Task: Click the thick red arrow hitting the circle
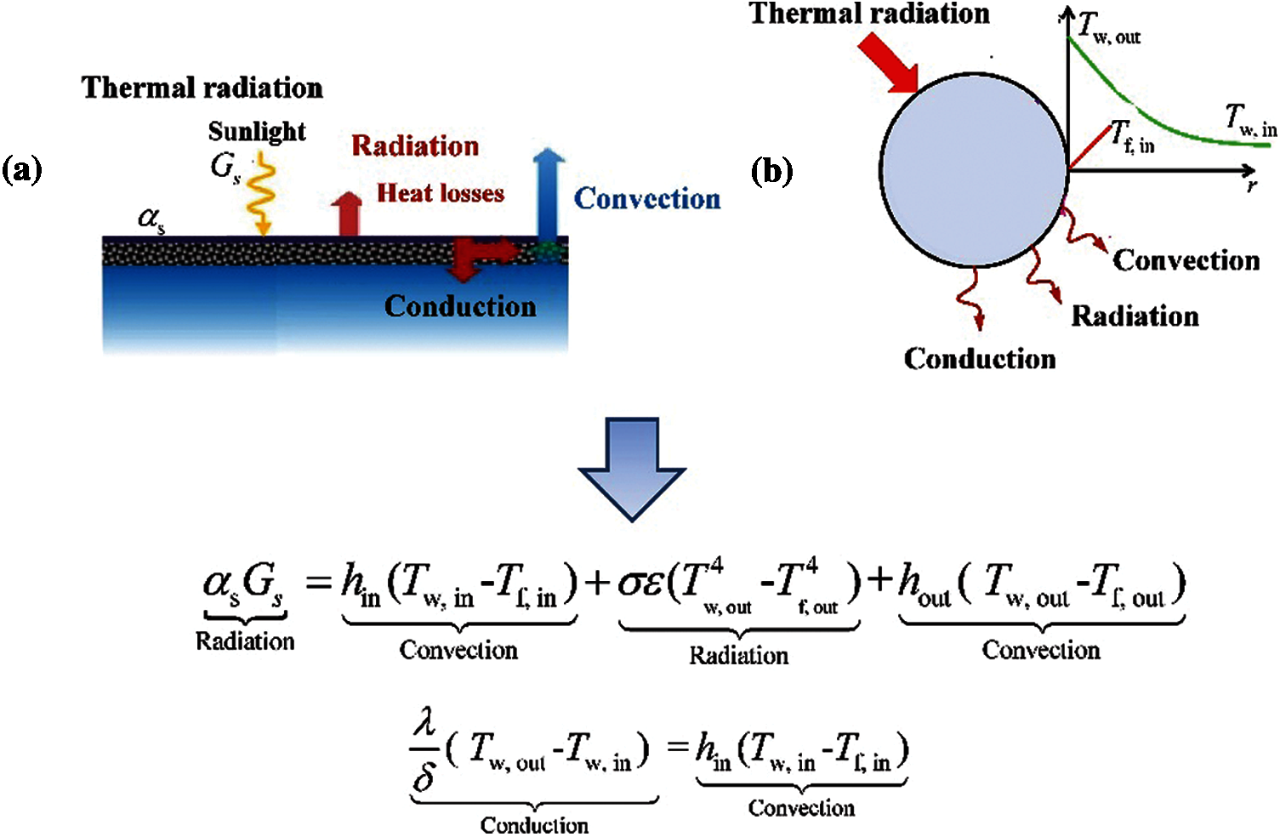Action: [887, 63]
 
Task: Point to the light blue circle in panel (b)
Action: [974, 169]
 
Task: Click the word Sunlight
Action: [257, 132]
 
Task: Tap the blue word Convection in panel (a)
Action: [647, 199]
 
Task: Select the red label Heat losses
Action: [441, 193]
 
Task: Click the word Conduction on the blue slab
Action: [460, 306]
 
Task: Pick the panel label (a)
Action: [22, 170]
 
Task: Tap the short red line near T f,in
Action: [1089, 146]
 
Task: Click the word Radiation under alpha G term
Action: [245, 641]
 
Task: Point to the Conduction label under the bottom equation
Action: [534, 825]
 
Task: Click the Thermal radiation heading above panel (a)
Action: [202, 88]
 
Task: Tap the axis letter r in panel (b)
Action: [1252, 185]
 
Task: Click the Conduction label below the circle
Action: [980, 359]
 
